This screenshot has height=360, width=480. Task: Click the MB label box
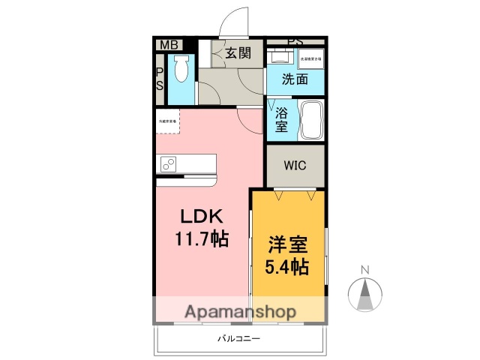click(x=169, y=45)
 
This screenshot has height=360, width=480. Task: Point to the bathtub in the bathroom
click(x=311, y=120)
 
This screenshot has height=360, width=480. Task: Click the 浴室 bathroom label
click(x=282, y=121)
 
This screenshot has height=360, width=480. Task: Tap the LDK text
click(x=199, y=216)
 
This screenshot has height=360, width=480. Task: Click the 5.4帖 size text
click(x=289, y=265)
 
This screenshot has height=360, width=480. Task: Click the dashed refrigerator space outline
click(x=168, y=121)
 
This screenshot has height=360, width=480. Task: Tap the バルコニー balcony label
click(x=238, y=338)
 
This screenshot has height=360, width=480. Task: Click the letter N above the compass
click(x=365, y=270)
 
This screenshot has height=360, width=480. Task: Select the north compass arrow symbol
click(x=365, y=294)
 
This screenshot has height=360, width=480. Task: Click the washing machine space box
click(x=310, y=58)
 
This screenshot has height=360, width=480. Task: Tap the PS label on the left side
click(x=159, y=79)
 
